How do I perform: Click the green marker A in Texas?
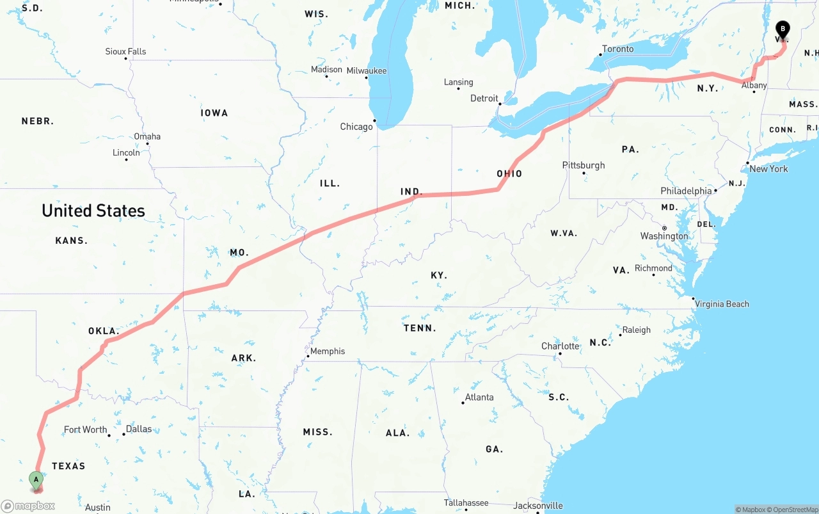point(36,479)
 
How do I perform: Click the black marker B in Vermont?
point(783,29)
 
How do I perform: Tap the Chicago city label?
point(356,127)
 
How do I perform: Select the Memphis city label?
point(328,351)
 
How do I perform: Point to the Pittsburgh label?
point(584,165)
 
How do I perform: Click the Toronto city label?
point(618,49)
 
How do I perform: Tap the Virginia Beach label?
point(722,304)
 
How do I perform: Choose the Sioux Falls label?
point(125,52)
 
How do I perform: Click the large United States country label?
point(93,211)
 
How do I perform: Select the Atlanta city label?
point(479,398)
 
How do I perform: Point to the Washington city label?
point(664,236)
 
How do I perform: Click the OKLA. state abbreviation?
point(104,332)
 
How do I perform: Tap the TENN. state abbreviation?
point(420,328)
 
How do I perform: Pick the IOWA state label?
point(214,113)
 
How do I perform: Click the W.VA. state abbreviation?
point(564,234)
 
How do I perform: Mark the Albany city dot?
point(754,92)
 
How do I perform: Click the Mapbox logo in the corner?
point(28,506)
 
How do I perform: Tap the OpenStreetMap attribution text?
point(794,510)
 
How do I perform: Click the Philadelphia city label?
point(686,191)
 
